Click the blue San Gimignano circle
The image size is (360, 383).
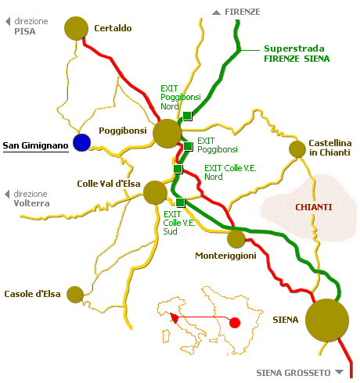(81, 142)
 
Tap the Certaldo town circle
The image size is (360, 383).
(76, 28)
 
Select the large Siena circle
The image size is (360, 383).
(327, 320)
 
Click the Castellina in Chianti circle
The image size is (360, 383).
(297, 149)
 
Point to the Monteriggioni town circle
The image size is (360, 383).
(236, 239)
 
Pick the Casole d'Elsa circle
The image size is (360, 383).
(75, 295)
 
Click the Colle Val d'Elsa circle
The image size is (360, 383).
(155, 192)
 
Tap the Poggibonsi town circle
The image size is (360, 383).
(167, 134)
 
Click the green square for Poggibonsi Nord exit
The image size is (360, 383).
(187, 116)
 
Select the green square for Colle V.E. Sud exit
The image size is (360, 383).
(180, 202)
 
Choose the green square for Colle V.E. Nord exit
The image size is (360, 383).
(178, 169)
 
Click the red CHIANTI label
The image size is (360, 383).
(314, 207)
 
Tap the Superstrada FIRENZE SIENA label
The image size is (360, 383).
(297, 54)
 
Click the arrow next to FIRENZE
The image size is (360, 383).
(216, 13)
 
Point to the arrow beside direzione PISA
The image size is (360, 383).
(8, 21)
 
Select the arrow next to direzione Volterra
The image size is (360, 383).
(7, 194)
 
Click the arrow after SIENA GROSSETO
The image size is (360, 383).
(339, 372)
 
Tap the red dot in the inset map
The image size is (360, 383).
(235, 323)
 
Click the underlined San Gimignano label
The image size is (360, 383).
(35, 145)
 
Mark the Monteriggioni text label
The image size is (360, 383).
(225, 256)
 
